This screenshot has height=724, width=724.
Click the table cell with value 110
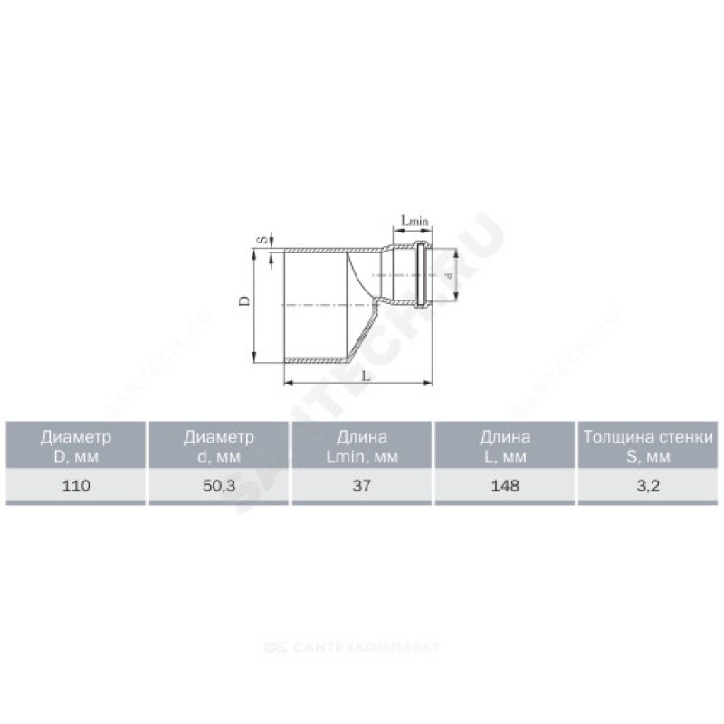click(x=76, y=485)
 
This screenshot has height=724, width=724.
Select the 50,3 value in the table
click(x=219, y=485)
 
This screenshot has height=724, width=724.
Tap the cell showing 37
click(x=361, y=485)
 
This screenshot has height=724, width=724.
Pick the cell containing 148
click(x=505, y=485)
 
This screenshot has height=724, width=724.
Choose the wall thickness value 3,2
click(x=648, y=485)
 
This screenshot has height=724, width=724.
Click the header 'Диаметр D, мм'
click(x=76, y=446)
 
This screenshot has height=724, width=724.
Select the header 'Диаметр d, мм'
click(x=219, y=446)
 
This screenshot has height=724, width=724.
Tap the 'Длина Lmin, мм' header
click(x=361, y=446)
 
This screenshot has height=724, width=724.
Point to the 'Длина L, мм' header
click(x=505, y=446)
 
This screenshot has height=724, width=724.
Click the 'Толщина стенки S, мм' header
click(x=648, y=446)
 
